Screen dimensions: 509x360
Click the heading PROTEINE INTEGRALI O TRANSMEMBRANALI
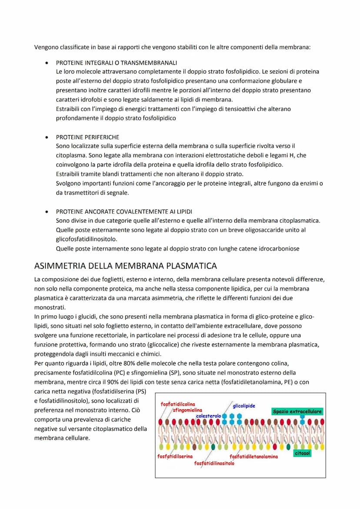click(x=116, y=63)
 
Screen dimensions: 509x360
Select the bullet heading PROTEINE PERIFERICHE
click(x=87, y=137)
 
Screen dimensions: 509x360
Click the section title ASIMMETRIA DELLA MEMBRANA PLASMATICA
click(x=125, y=266)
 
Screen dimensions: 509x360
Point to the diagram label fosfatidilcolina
click(x=178, y=404)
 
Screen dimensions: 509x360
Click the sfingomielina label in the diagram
click(x=187, y=410)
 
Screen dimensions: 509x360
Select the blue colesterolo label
click(x=208, y=416)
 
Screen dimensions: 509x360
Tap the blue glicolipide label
click(x=244, y=406)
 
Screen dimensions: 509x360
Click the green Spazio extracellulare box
click(x=297, y=411)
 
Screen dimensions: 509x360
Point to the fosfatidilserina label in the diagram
click(x=175, y=456)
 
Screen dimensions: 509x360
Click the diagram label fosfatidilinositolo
click(x=214, y=463)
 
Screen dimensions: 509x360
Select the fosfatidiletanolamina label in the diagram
click(x=253, y=456)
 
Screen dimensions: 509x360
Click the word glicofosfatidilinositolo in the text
click(x=87, y=239)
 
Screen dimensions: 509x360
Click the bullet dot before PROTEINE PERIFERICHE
click(x=47, y=137)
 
